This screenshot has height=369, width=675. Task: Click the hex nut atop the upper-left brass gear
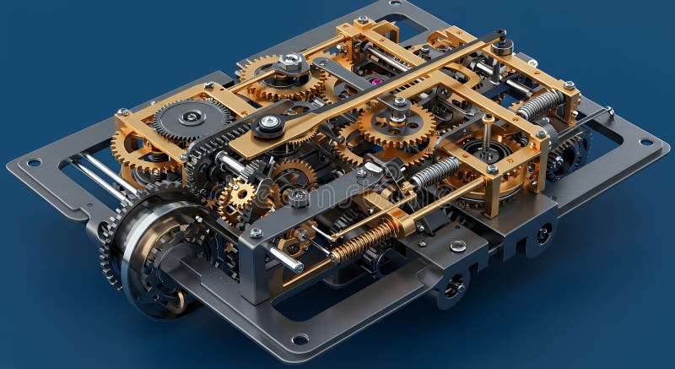pos(291,62)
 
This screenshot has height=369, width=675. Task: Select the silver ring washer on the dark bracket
pos(457,246)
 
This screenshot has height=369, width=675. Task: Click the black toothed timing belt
pos(202,156)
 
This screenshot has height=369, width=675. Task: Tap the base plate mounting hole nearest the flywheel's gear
pos(34,162)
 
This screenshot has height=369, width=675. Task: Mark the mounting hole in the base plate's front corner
pos(300,339)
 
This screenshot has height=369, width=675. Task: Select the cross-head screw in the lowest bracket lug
pos(454,287)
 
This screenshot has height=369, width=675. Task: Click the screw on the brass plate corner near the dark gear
pos(123,111)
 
